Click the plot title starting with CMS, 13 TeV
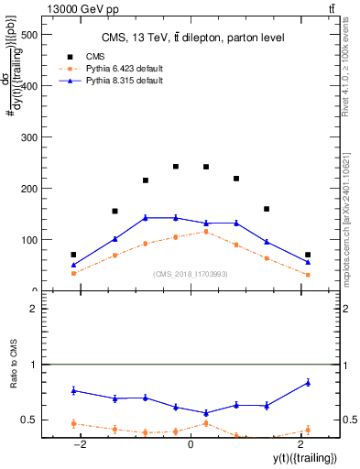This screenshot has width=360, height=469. (x=192, y=38)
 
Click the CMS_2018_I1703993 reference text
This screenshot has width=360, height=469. (x=190, y=274)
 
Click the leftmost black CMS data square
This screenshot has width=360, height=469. (x=73, y=255)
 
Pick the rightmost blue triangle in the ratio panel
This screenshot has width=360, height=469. (x=308, y=382)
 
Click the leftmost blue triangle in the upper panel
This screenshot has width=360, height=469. (x=73, y=265)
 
